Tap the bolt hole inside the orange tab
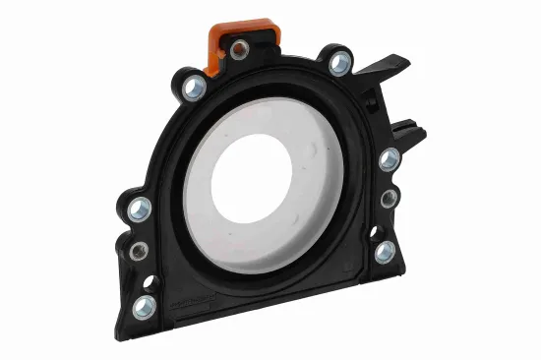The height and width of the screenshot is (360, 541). coord(238,49)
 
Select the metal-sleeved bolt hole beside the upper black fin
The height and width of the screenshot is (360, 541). coord(340,63)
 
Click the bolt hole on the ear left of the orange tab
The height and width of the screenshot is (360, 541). coord(194,88)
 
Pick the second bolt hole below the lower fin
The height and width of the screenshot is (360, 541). coord(391,198)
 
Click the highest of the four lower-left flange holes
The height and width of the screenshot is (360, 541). coord(141,209)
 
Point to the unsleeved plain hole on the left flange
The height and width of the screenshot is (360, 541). coord(149,282)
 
